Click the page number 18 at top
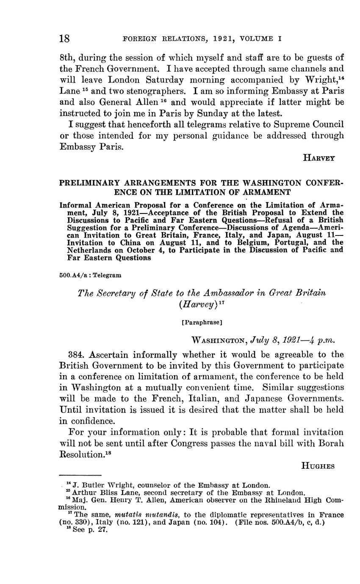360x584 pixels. click(x=64, y=39)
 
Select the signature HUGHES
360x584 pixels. click(x=318, y=466)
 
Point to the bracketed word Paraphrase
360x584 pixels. click(x=201, y=322)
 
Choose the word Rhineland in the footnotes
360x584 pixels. click(x=279, y=500)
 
